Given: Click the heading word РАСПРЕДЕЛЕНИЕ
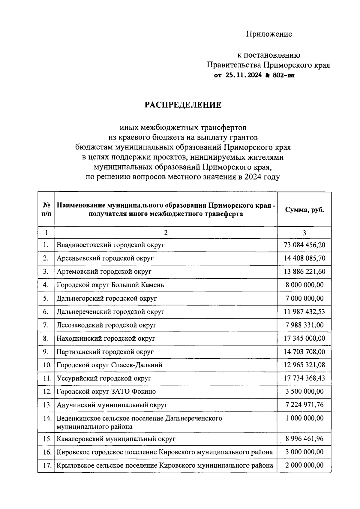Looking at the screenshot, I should tap(183, 105).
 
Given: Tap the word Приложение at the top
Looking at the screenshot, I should tap(269, 34).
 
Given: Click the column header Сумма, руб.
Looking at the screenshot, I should tap(304, 209).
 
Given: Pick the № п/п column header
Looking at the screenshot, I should tap(46, 209).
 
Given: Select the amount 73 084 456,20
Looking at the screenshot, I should tap(304, 245).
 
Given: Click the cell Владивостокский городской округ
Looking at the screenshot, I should tap(111, 245).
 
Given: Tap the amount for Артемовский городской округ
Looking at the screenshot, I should tap(304, 272).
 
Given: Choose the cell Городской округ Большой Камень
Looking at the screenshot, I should tap(110, 285).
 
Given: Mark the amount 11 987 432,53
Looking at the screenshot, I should tap(304, 312).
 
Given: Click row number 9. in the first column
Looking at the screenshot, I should tap(46, 352).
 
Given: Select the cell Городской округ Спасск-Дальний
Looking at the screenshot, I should tap(109, 365).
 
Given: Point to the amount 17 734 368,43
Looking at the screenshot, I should tap(304, 378).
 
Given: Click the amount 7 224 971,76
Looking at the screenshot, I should tap(304, 405).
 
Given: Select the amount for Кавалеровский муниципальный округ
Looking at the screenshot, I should tap(304, 439).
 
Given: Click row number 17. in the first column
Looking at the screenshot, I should tap(47, 465).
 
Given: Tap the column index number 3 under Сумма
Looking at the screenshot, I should tap(304, 233).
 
